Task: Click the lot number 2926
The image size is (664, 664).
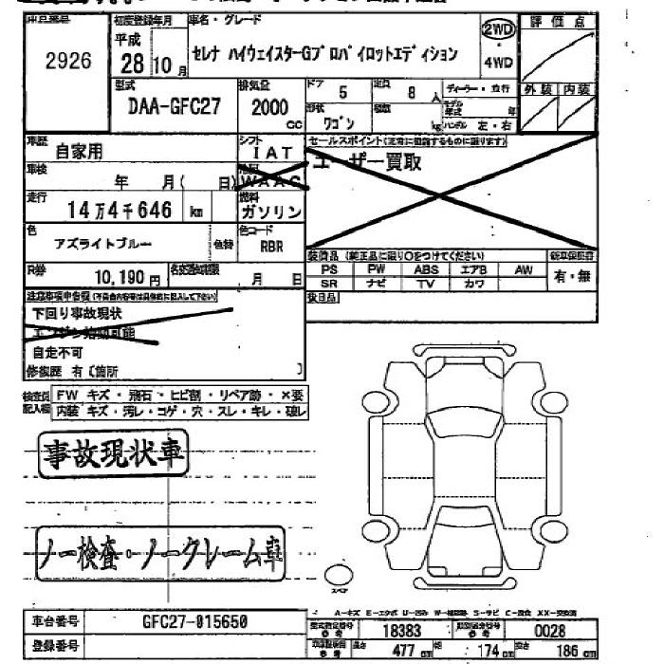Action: tap(67, 62)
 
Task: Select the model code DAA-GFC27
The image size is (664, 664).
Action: tap(173, 106)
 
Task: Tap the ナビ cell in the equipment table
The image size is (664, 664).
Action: tap(378, 284)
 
